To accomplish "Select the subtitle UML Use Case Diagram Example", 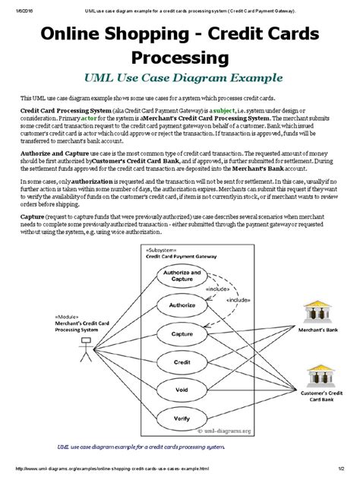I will point(180,77).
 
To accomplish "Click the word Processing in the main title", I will point(179,57).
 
